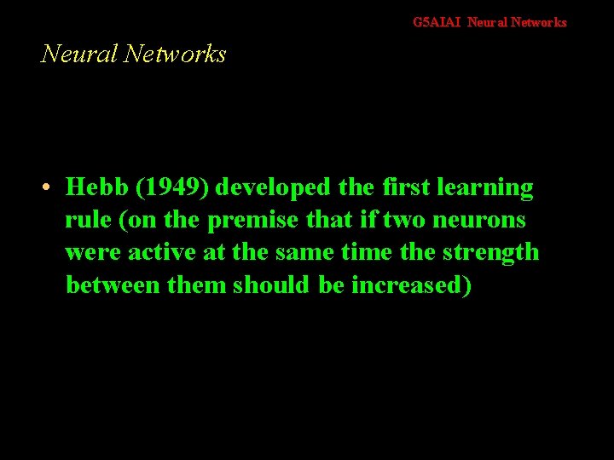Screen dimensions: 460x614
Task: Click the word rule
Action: pos(89,220)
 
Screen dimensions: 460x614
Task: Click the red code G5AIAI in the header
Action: pos(437,22)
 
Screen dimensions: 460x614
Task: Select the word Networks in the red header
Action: pos(540,22)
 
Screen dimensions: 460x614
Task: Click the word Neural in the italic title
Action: pos(79,54)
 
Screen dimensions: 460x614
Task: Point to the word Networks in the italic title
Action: pos(175,54)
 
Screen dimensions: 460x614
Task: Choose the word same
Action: pos(317,252)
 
